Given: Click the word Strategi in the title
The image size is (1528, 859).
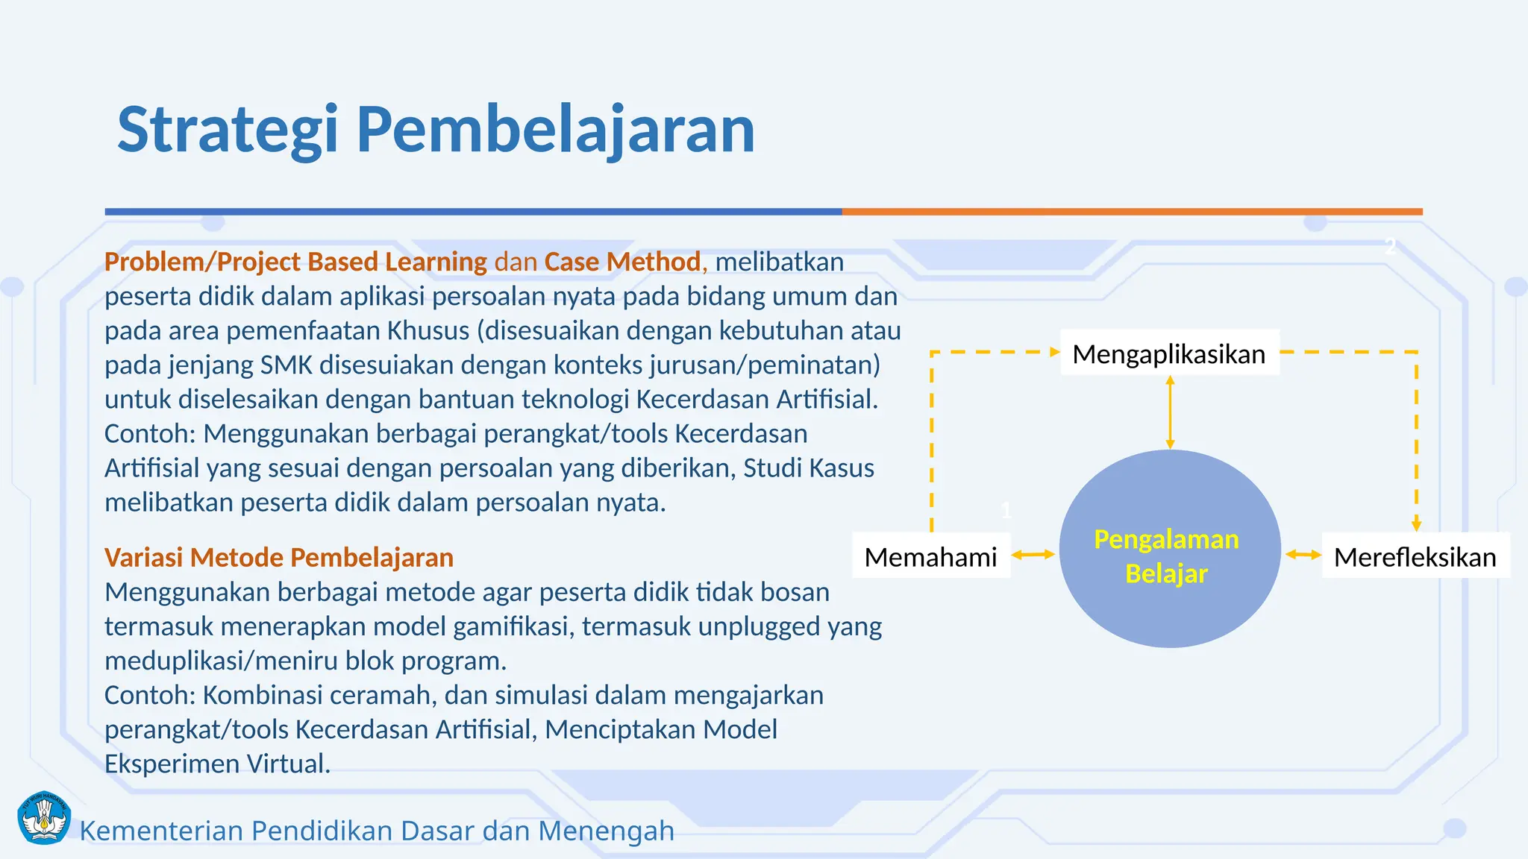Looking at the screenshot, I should (228, 130).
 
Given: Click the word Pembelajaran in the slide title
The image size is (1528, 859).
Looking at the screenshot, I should (555, 130).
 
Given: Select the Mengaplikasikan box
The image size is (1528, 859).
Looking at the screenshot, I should (1169, 353).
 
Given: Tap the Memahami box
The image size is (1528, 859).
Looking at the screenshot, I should (930, 556).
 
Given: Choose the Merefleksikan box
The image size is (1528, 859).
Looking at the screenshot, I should (1415, 556).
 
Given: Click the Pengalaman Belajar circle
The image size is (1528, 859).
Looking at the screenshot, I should (1169, 552).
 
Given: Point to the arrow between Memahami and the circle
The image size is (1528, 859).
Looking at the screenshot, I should (1033, 554).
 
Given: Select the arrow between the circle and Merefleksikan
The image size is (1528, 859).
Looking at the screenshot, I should (1303, 554).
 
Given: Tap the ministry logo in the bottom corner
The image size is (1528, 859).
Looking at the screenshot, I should (44, 818).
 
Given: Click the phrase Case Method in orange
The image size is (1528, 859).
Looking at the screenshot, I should (622, 262).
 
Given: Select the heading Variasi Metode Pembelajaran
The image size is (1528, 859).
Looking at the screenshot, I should (279, 557).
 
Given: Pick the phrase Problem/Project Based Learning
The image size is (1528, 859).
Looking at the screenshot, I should (295, 262).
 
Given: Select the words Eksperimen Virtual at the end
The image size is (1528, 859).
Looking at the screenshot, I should (217, 764).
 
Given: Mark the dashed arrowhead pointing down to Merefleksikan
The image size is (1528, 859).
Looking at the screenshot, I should (1416, 524).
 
